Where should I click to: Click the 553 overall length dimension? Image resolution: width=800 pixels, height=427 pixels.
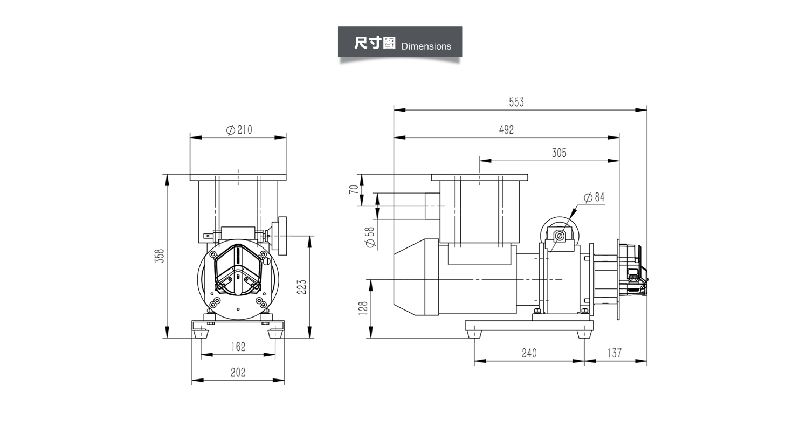coord(516,102)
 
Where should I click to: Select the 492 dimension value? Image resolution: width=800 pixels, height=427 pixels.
coord(506,129)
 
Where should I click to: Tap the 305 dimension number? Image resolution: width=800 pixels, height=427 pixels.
coord(559,153)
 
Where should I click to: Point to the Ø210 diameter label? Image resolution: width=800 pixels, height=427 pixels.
coord(239,129)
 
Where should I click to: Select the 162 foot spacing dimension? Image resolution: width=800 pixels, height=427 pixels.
coord(238,347)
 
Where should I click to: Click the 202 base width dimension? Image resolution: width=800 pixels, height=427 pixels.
coord(238,372)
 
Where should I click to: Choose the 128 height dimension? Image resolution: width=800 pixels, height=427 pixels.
coord(363,308)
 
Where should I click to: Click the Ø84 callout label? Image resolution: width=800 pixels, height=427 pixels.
coord(594,197)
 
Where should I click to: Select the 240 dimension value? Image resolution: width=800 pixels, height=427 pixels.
coord(529,353)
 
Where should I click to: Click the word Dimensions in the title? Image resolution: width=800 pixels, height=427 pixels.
coord(426,46)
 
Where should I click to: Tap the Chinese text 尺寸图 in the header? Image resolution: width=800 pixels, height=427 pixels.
coord(375,44)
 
